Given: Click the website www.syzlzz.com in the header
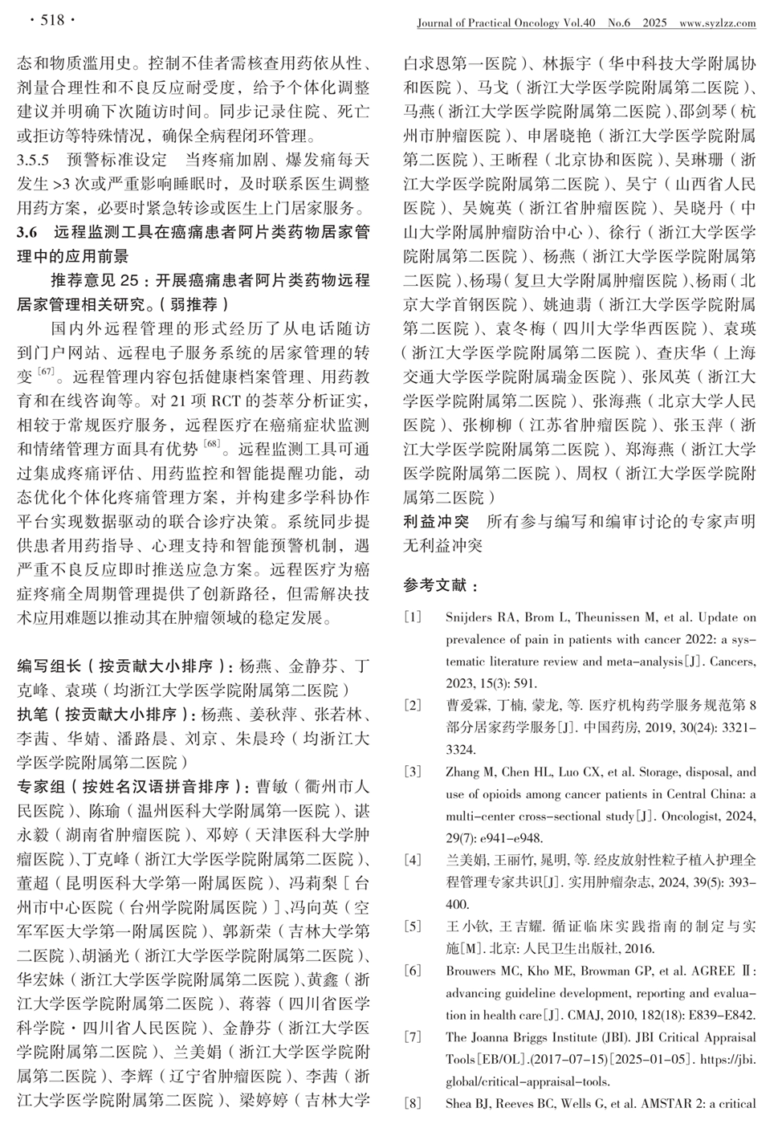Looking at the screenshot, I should click(x=717, y=23).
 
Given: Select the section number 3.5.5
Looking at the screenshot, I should click(x=34, y=159).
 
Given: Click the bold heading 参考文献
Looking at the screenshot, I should click(x=441, y=586).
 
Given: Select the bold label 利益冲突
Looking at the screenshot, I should click(x=436, y=522).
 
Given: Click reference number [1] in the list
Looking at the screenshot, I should click(x=413, y=617).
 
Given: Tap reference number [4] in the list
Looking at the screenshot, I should click(x=413, y=860).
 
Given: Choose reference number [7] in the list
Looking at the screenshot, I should click(x=413, y=1036).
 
